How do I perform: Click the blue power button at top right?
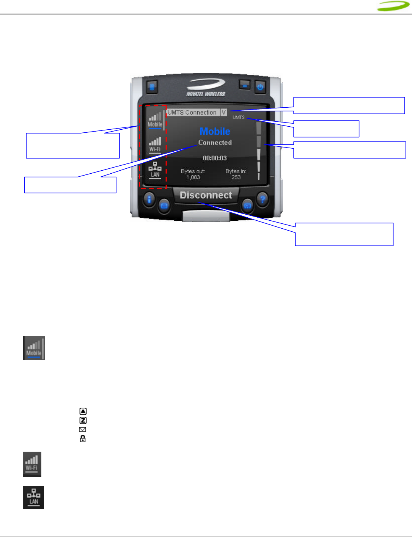[x=260, y=87]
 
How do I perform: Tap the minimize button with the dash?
[x=245, y=85]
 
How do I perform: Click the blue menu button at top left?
[x=152, y=87]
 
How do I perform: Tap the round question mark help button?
[x=262, y=199]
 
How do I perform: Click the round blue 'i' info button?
[x=149, y=199]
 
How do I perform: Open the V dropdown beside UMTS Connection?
[x=223, y=112]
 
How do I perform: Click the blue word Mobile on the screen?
[x=215, y=132]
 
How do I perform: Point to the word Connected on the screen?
[x=215, y=143]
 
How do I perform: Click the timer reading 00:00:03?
[x=215, y=158]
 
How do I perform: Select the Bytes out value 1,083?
[x=193, y=177]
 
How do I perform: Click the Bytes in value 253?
[x=236, y=177]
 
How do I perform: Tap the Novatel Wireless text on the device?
[x=206, y=94]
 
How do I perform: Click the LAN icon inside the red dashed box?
[x=155, y=170]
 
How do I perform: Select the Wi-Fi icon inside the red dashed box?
[x=155, y=144]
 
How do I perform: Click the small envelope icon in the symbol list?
[x=82, y=430]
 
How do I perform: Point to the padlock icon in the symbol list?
[x=83, y=439]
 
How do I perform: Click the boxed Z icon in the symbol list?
[x=83, y=420]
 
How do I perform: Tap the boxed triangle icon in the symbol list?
[x=83, y=411]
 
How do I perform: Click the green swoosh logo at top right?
[x=393, y=6]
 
